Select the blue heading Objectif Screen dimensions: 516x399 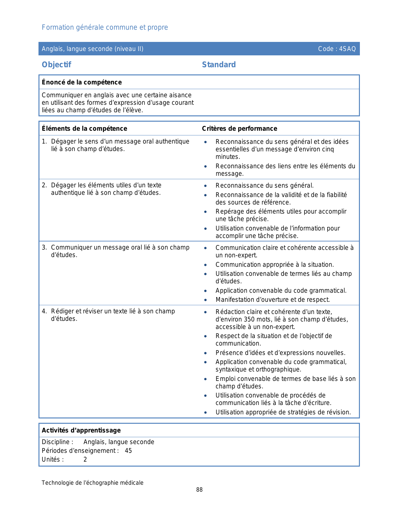pos(56,65)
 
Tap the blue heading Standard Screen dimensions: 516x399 pos(219,65)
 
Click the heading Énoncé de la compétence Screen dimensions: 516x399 pos(82,82)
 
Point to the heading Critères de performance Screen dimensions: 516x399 pos(239,129)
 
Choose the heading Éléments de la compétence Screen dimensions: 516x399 pos(84,129)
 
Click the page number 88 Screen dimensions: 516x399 pos(199,490)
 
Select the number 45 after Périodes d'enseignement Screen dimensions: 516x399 pos(128,451)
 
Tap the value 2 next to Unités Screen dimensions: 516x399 pos(85,459)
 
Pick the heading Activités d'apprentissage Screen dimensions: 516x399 pos(81,430)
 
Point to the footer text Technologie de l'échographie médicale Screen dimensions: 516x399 pos(93,483)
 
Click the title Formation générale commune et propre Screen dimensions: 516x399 pos(105,28)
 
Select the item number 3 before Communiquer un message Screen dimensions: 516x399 pos(44,247)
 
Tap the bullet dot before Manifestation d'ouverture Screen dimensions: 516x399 pos(205,300)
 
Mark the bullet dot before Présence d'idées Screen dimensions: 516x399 pos(205,353)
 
